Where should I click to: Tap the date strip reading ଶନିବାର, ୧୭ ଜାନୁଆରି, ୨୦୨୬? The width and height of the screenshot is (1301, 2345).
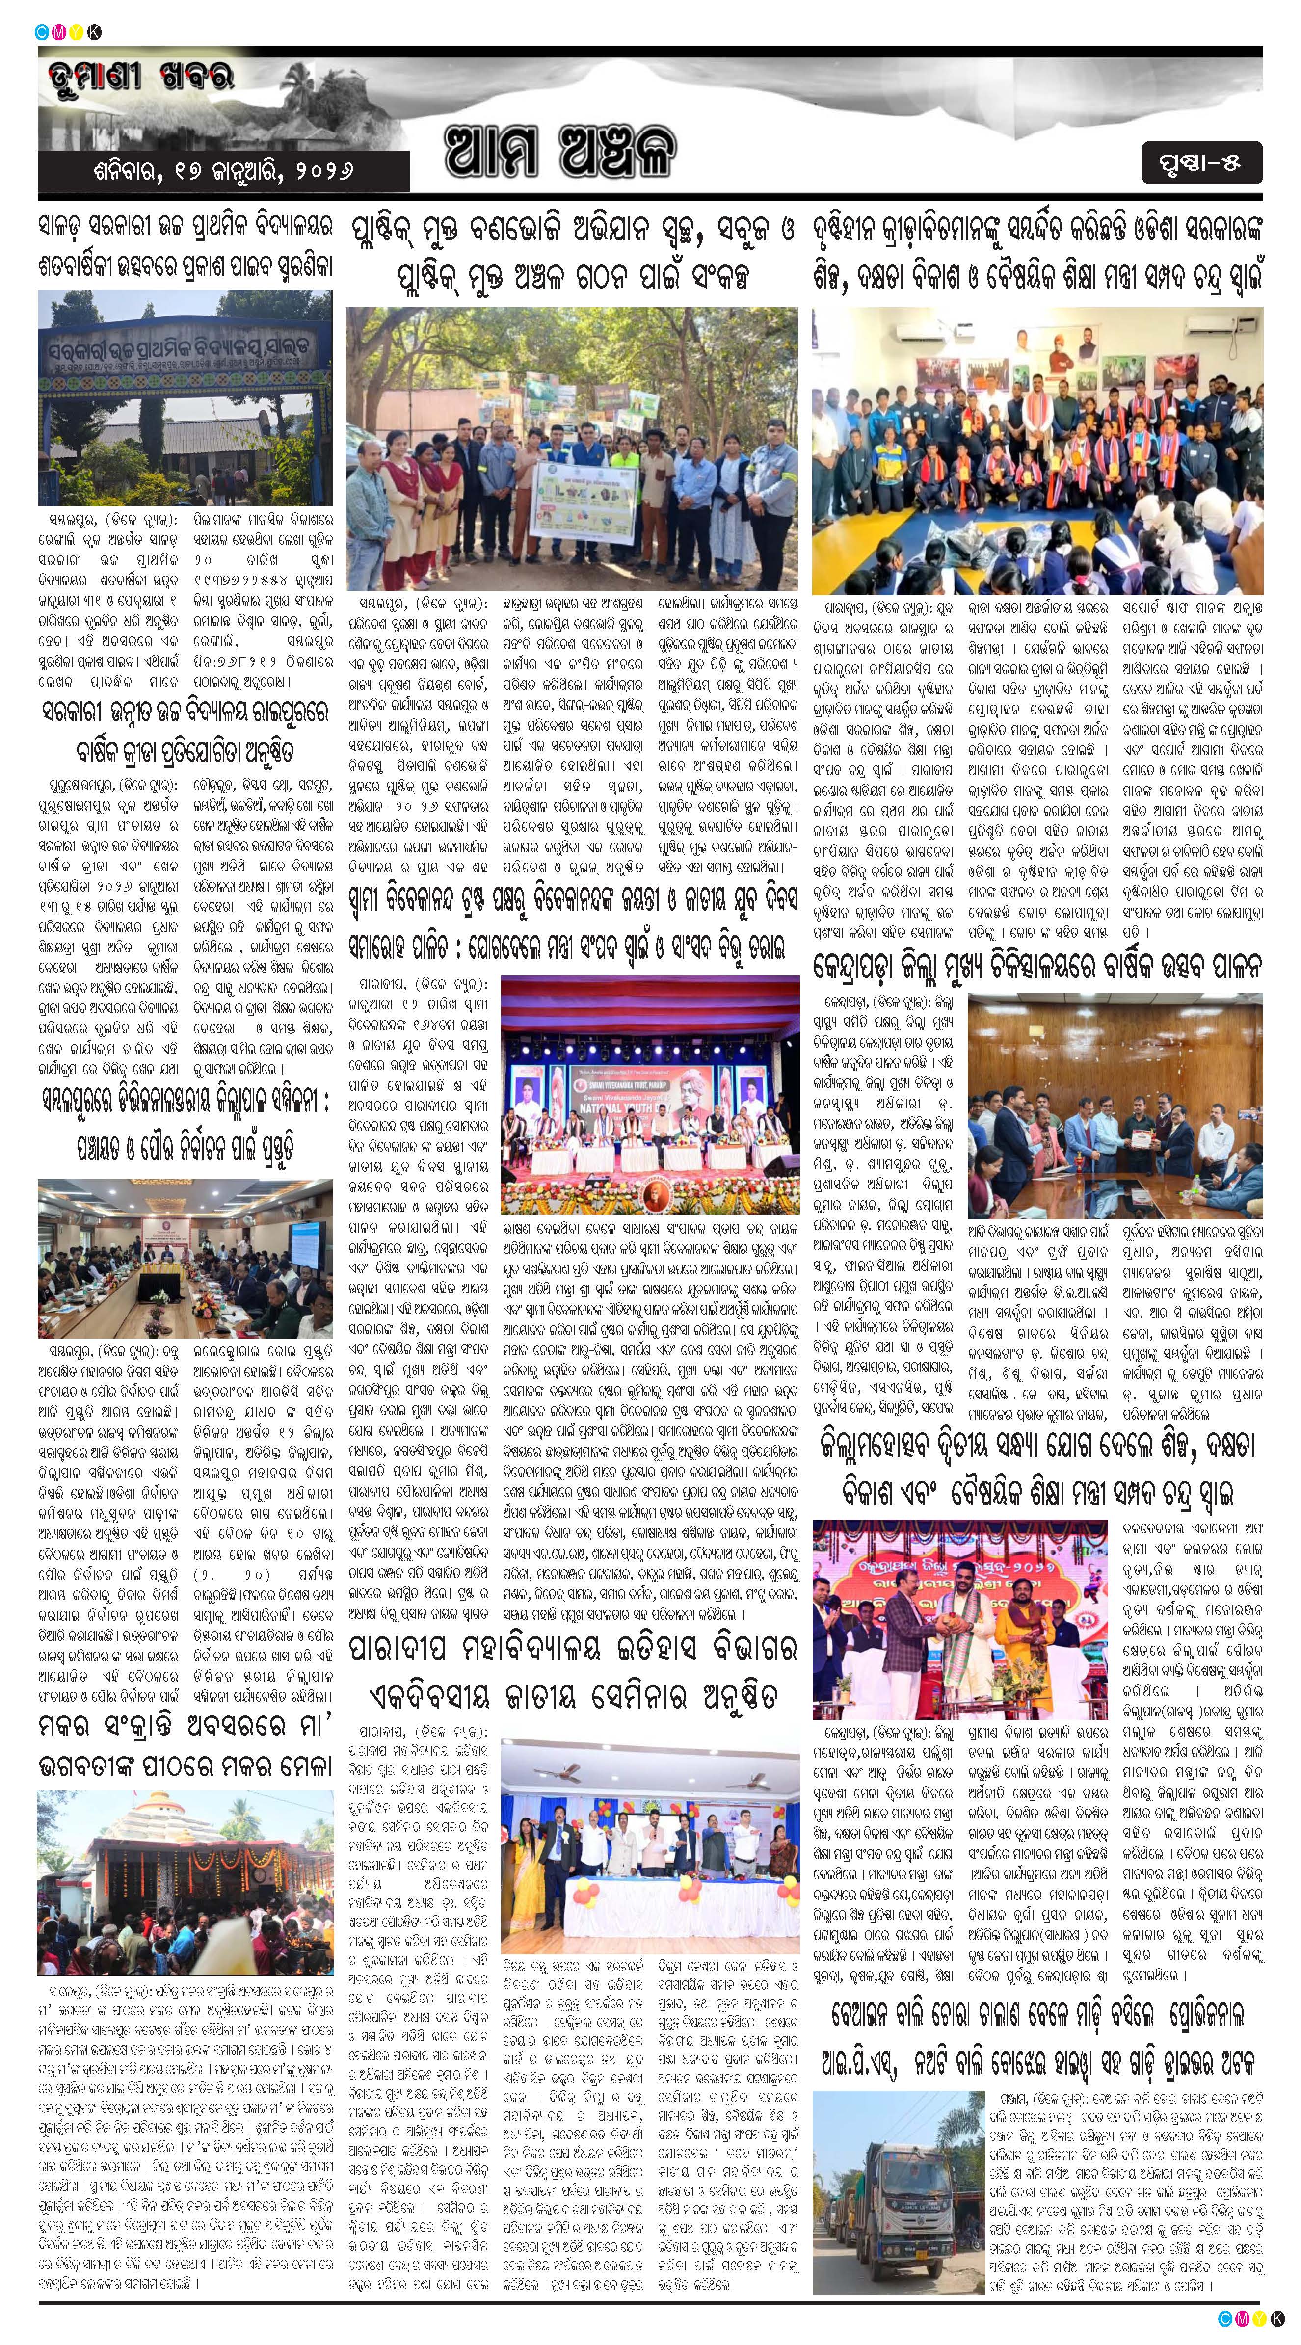[x=223, y=170]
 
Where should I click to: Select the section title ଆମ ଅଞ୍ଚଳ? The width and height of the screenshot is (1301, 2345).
[x=560, y=150]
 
